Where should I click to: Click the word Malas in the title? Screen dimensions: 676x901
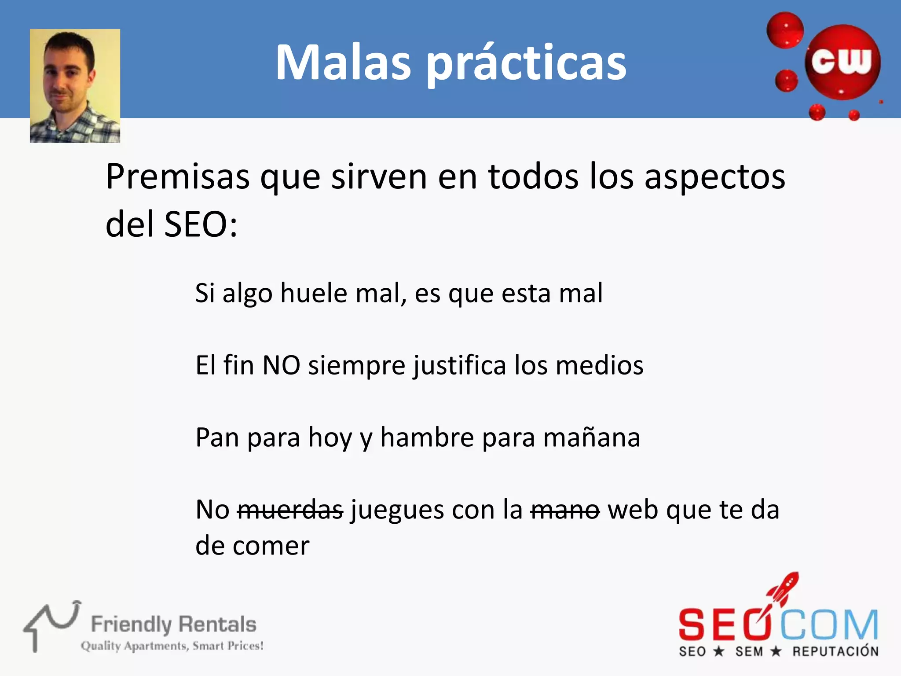click(343, 62)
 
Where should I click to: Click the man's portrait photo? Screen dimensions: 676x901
click(75, 86)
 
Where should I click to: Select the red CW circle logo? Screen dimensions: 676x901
click(842, 62)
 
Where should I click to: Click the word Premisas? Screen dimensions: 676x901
click(178, 177)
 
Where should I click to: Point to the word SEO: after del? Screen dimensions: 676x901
click(201, 224)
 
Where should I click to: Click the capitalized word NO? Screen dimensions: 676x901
click(281, 365)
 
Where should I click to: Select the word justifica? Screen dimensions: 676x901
click(459, 366)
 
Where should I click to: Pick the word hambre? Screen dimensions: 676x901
click(427, 437)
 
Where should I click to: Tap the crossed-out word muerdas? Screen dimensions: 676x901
click(290, 510)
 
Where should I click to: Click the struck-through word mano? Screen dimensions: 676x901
click(565, 510)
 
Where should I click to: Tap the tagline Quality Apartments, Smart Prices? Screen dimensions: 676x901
click(172, 646)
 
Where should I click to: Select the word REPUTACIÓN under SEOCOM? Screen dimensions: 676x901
click(835, 651)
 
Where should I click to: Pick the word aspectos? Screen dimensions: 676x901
click(714, 177)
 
